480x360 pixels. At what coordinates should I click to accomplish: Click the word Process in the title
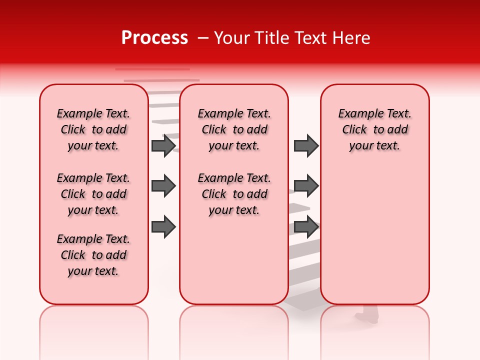click(154, 38)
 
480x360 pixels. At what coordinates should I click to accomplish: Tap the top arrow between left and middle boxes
click(163, 145)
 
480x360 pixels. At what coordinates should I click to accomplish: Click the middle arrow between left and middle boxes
click(163, 186)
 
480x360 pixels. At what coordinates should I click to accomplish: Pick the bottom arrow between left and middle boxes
click(163, 227)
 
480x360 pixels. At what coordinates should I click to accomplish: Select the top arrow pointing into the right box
click(306, 145)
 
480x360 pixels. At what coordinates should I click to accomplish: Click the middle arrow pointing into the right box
click(306, 186)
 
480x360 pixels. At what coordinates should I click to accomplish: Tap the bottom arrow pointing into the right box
click(306, 227)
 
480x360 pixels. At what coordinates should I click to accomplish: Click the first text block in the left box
click(93, 129)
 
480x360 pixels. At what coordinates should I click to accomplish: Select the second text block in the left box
click(93, 194)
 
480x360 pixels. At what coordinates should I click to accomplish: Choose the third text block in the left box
click(93, 255)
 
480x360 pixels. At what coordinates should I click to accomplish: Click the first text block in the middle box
click(234, 129)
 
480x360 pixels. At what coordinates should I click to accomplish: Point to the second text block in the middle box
click(234, 194)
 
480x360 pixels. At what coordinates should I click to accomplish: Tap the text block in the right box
click(374, 129)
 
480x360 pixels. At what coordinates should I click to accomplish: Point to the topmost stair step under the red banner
click(152, 69)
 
